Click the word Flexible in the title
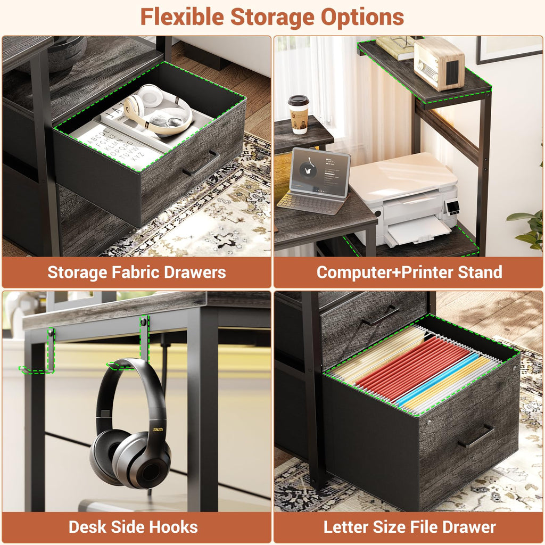click(x=182, y=16)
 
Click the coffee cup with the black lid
click(x=299, y=114)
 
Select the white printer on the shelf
click(x=404, y=198)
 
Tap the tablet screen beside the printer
click(x=319, y=172)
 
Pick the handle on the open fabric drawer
click(x=201, y=163)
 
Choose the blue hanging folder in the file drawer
click(x=437, y=379)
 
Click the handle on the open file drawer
click(x=476, y=436)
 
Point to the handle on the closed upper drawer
click(x=380, y=315)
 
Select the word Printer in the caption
click(x=427, y=272)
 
